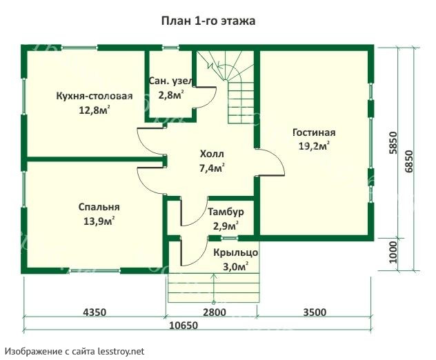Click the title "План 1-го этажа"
point(208,21)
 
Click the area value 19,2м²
point(314,146)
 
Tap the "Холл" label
point(212,154)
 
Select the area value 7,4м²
point(212,168)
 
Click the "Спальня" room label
point(99,207)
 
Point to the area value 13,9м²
point(98,221)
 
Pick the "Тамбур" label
point(225,212)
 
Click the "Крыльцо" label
point(235,253)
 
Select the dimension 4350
point(95,312)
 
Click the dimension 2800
point(214,312)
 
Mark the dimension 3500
point(314,312)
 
